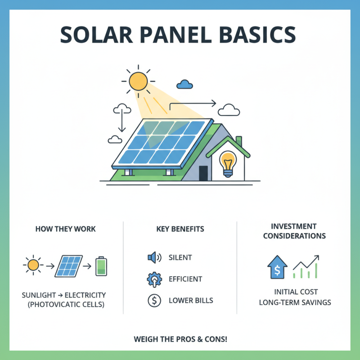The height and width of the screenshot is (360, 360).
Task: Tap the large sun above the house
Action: point(138,81)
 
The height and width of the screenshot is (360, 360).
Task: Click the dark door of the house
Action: point(203,173)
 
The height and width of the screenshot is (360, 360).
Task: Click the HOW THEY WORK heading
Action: point(65,229)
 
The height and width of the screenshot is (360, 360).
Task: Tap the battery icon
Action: point(102,266)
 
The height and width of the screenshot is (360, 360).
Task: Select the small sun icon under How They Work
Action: point(33,265)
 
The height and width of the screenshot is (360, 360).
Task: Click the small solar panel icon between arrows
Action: point(68,266)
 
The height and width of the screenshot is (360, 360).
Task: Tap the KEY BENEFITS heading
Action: point(180,229)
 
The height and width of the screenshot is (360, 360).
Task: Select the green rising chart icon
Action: point(306,267)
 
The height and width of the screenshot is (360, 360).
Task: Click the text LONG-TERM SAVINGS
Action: point(295,302)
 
